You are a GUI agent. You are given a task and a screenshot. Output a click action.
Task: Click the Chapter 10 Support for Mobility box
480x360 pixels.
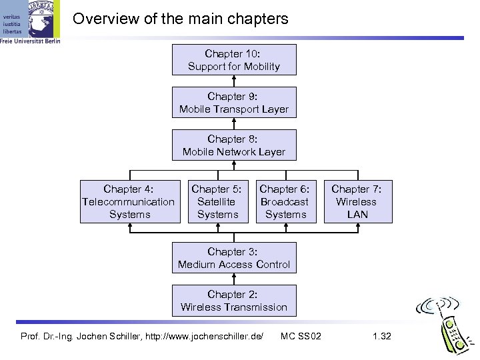pos(233,59)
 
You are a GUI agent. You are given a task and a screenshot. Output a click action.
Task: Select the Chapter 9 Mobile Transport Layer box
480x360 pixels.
pos(233,103)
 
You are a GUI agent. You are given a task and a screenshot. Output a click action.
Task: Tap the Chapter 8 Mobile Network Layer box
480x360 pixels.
pos(233,145)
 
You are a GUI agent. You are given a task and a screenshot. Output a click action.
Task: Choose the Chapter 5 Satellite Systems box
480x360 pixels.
pos(217,201)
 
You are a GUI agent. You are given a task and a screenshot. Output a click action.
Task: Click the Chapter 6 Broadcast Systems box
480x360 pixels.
pos(285,201)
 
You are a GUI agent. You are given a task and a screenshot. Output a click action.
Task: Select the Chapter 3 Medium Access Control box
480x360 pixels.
pos(233,258)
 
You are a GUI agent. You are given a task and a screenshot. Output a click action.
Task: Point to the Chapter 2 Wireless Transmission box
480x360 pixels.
pos(233,301)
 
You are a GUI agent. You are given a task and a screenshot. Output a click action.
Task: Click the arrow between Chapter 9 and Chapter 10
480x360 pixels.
pos(233,81)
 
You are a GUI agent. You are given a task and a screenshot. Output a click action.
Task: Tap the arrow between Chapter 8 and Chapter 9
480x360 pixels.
pos(233,125)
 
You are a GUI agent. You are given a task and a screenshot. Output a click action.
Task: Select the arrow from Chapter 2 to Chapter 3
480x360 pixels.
pos(233,279)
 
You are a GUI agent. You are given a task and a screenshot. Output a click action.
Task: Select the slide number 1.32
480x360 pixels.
pos(382,335)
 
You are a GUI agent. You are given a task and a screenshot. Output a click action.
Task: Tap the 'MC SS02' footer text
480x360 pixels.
pos(301,335)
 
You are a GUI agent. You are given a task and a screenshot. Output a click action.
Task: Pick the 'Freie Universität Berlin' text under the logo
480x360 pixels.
pos(31,41)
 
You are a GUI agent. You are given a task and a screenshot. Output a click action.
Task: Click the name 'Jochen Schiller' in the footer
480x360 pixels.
pos(110,335)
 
